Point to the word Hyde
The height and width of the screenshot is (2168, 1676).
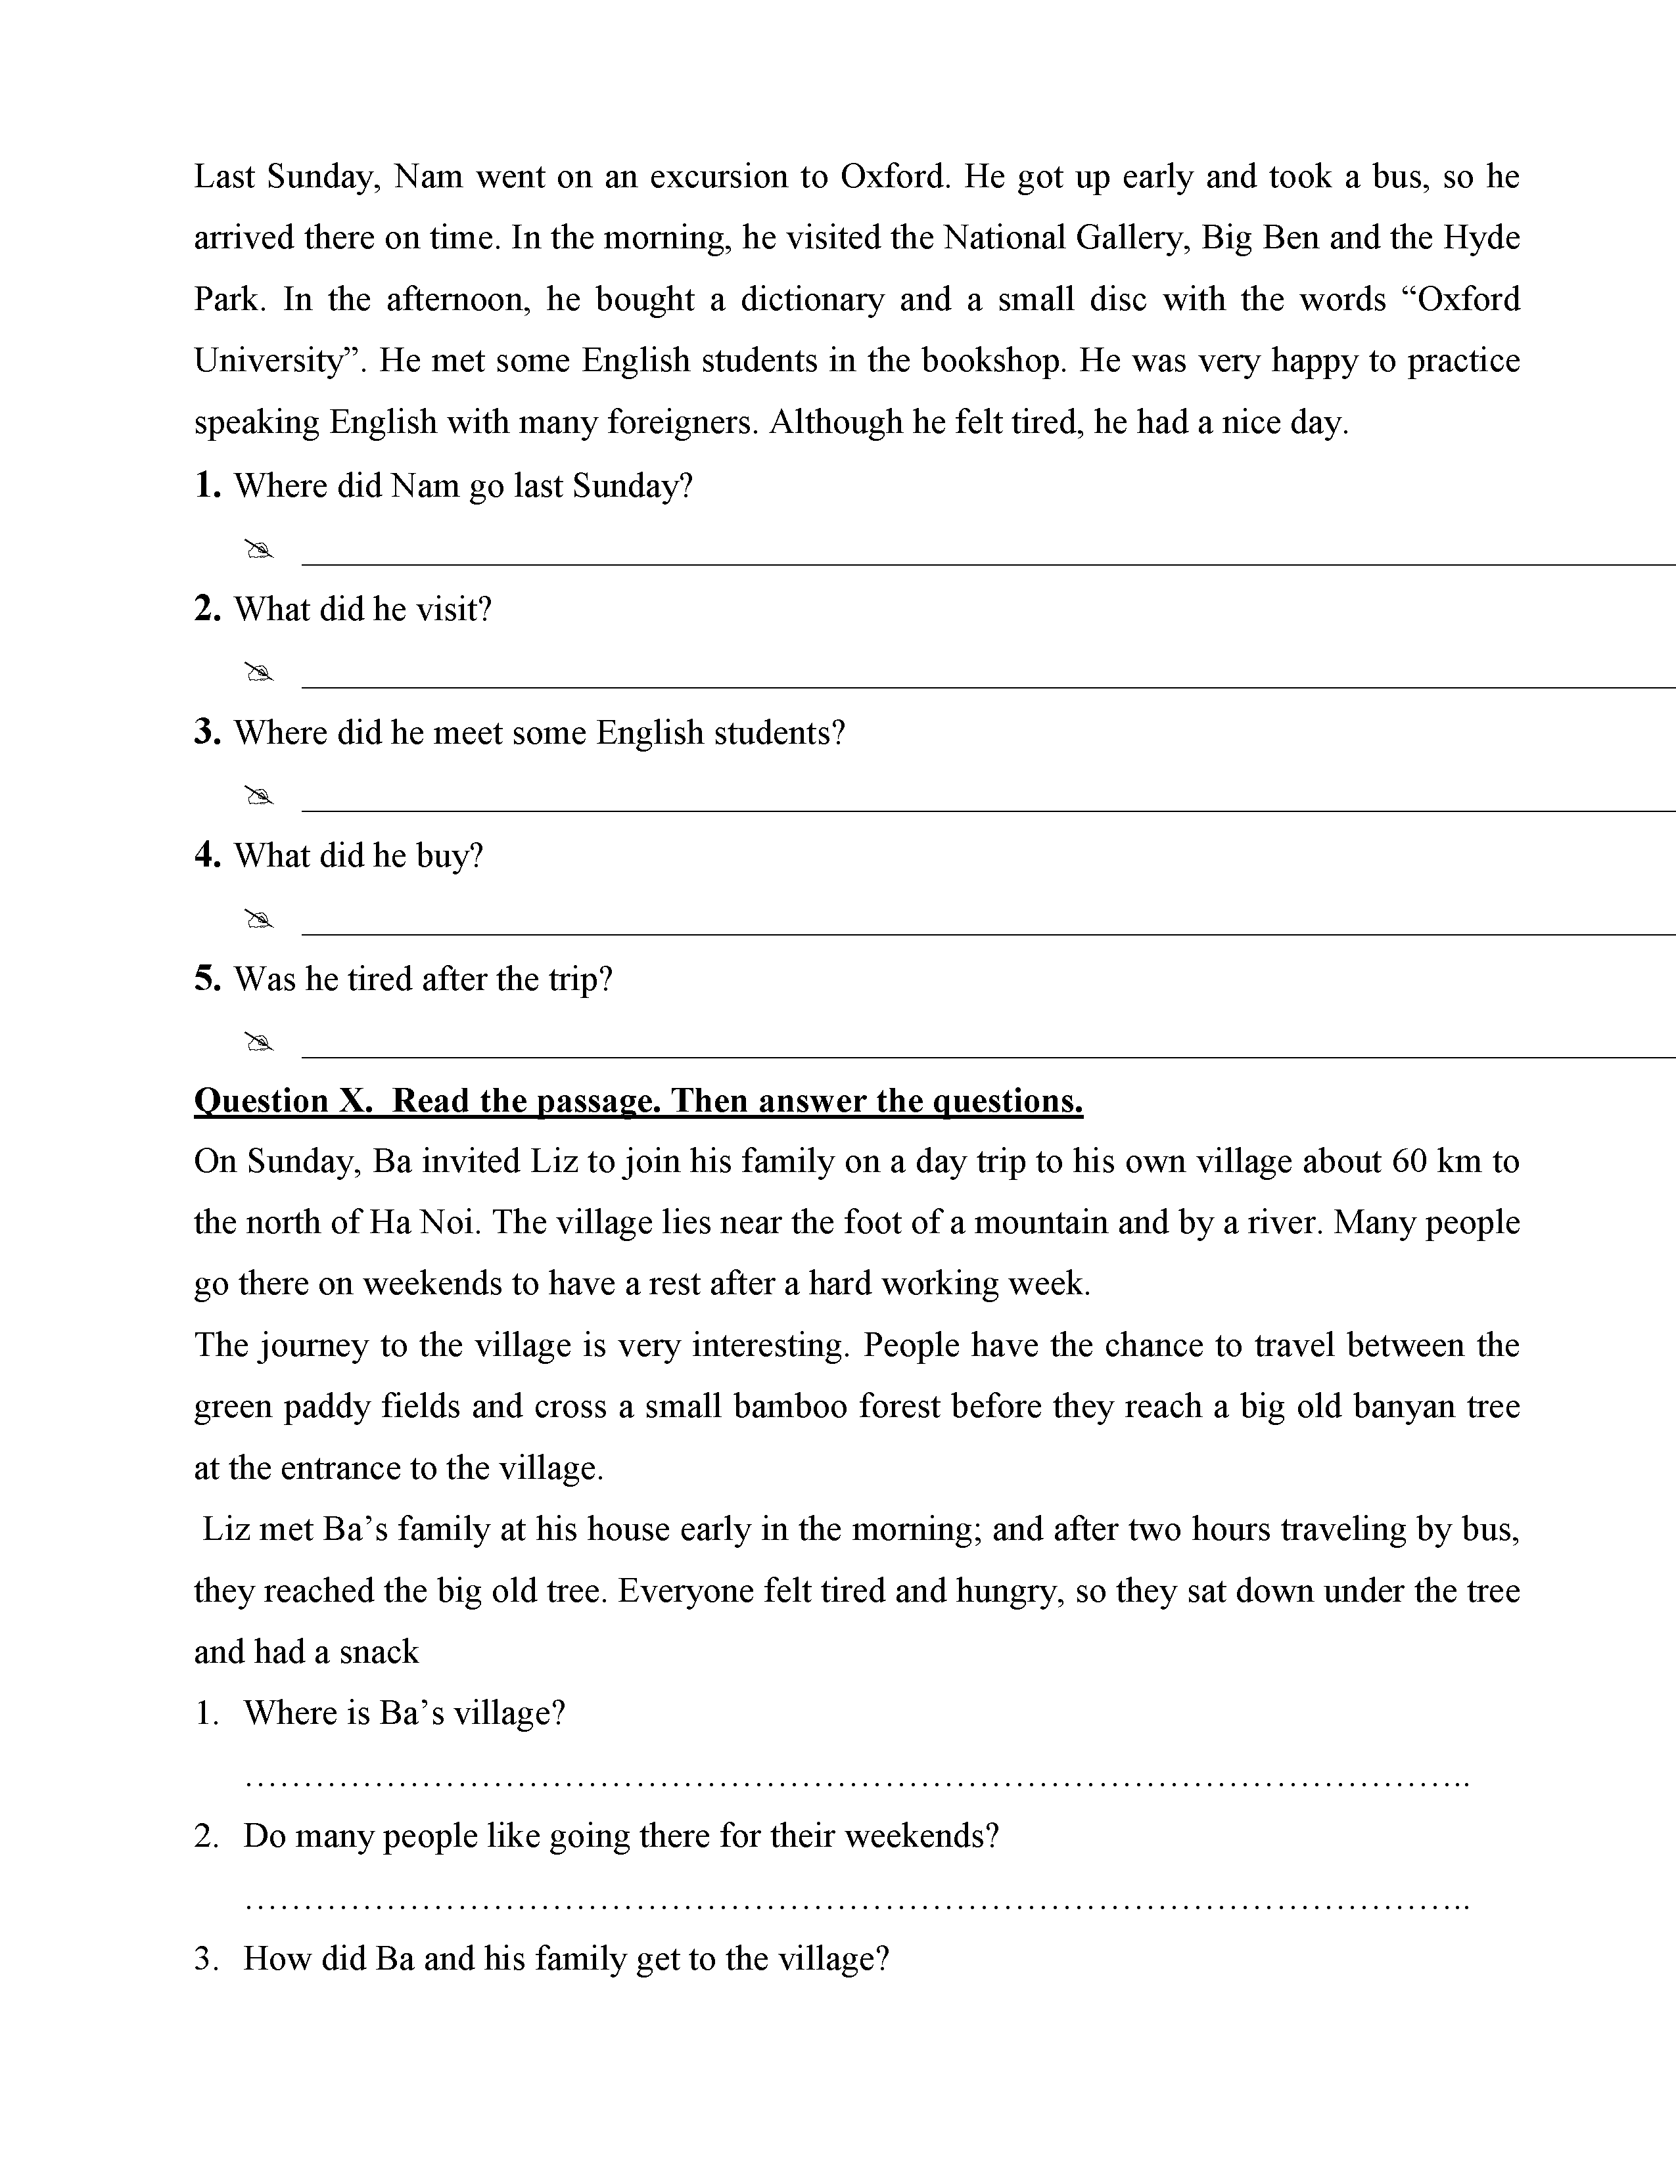tap(1481, 238)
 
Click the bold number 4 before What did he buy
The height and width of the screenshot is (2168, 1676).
tap(206, 855)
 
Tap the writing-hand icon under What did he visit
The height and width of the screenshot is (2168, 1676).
tap(258, 673)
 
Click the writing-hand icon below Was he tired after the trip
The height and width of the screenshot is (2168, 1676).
tap(258, 1043)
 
